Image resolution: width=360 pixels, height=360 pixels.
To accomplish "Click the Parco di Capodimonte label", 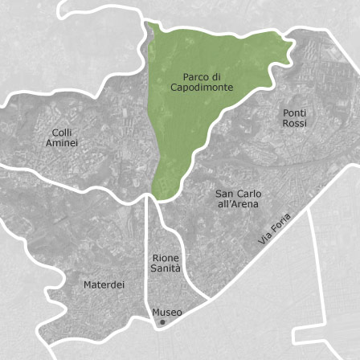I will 202,82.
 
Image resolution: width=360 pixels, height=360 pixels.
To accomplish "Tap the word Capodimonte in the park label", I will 202,87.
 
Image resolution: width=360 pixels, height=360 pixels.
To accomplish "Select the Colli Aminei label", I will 62,137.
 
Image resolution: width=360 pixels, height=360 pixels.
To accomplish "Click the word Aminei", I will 62,142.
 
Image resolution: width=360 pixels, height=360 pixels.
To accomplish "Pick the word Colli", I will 62,132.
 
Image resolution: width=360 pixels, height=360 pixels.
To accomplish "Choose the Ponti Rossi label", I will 295,118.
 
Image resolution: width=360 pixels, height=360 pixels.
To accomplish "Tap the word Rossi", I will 295,124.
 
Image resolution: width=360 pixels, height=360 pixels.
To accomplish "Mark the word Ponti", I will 295,113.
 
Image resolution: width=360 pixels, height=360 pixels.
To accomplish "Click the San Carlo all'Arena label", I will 239,198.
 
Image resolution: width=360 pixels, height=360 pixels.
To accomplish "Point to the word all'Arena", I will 239,204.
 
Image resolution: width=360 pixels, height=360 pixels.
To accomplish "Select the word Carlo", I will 249,194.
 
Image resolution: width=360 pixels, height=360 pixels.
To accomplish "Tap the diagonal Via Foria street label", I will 275,228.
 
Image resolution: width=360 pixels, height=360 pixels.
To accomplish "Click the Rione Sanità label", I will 166,263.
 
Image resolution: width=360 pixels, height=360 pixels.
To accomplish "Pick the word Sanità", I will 166,268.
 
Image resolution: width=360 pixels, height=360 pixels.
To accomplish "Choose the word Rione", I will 166,258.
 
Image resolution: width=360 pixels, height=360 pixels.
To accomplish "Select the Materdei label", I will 104,284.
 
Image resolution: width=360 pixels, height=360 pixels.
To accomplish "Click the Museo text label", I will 167,312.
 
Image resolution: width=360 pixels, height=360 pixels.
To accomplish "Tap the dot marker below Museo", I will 162,321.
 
